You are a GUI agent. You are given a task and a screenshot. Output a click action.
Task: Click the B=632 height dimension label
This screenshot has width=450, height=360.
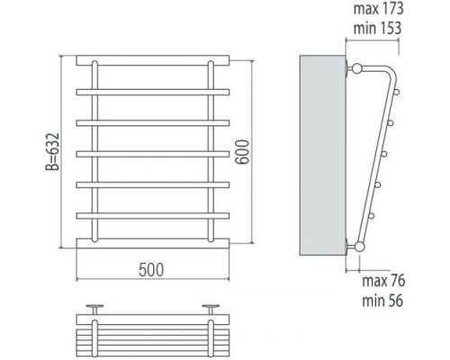point(53,152)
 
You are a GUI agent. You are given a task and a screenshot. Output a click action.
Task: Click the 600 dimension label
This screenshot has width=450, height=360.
point(242,152)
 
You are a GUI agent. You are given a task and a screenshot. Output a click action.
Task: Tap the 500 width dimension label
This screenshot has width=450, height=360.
point(151,270)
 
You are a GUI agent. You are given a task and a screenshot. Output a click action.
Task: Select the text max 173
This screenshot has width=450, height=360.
point(379,9)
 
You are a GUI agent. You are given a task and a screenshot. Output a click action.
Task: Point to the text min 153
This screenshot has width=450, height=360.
point(377,28)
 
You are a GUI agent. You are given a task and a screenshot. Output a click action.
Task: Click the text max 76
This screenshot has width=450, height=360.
point(383,281)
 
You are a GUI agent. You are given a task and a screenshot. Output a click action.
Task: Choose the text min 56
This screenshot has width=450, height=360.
point(382,301)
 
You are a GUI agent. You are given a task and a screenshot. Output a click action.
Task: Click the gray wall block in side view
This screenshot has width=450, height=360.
point(323,155)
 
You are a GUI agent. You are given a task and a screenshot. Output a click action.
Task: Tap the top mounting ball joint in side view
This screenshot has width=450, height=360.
point(356,68)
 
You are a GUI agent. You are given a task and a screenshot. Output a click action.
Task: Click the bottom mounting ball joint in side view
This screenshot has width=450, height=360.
point(359,247)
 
